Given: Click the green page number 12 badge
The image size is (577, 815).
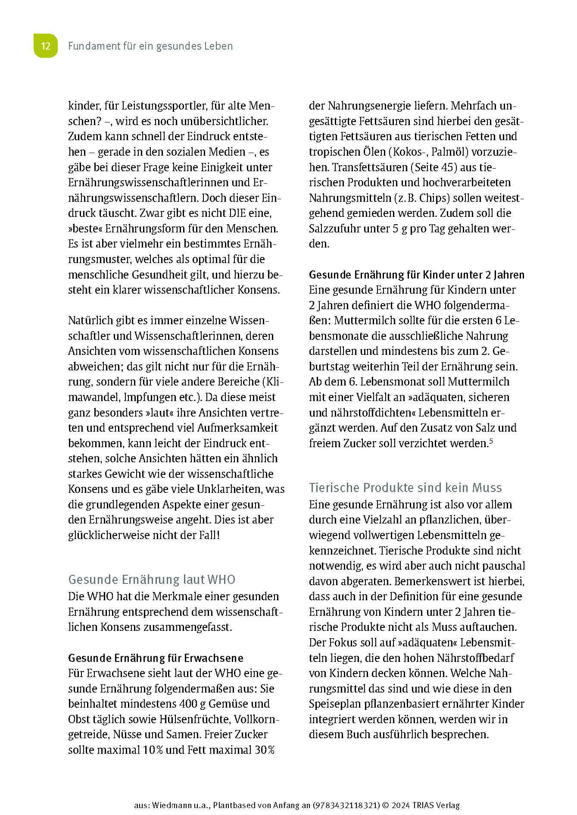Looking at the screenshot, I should [46, 46].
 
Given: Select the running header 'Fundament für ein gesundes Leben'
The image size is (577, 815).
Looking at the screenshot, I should [150, 46].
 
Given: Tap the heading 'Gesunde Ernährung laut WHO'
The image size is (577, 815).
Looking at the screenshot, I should [152, 580].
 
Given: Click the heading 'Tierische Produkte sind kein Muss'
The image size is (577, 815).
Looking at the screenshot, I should [405, 488].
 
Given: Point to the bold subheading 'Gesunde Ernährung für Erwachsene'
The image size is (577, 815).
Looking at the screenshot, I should [156, 658].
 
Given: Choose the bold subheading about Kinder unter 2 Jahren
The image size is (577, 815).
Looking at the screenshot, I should [417, 275].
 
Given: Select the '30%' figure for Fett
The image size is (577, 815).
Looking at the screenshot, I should [264, 750].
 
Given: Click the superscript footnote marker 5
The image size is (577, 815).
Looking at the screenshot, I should [491, 441].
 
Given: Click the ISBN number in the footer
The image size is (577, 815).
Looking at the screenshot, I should [346, 805].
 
